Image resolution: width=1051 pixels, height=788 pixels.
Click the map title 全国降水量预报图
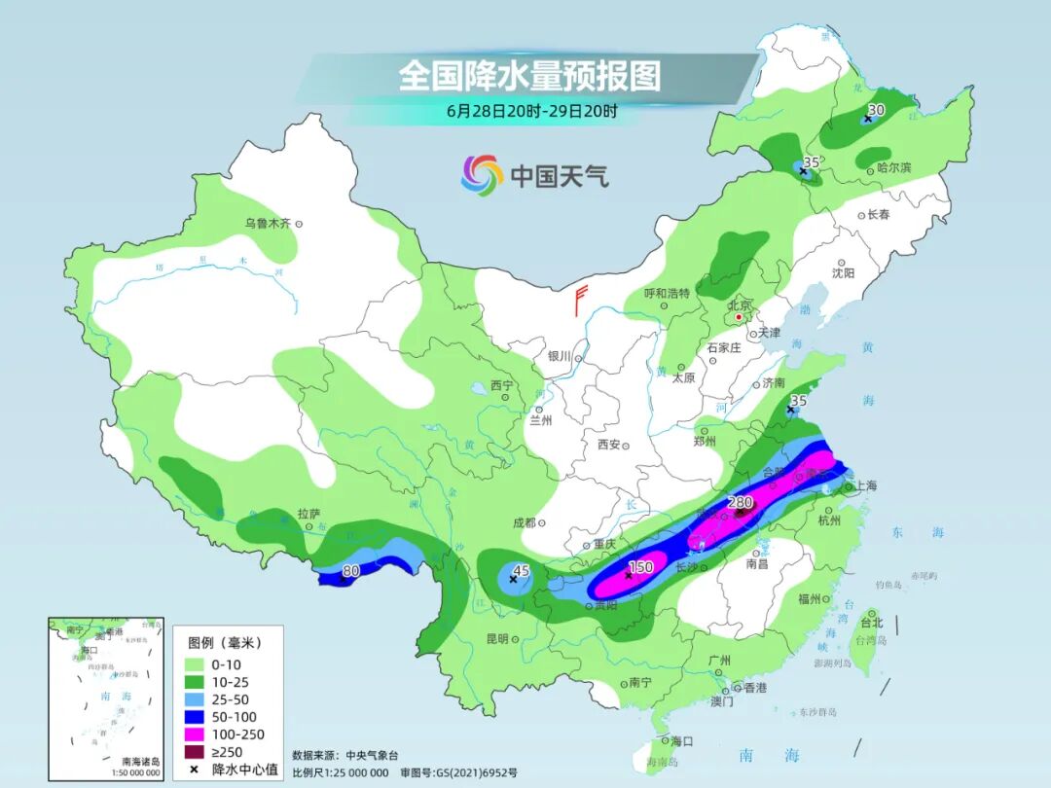pyautogui.click(x=529, y=75)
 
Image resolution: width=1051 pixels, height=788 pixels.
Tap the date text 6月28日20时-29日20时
pyautogui.click(x=531, y=111)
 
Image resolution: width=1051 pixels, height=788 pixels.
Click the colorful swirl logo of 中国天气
pyautogui.click(x=482, y=175)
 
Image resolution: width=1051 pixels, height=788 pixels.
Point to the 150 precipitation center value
pyautogui.click(x=639, y=567)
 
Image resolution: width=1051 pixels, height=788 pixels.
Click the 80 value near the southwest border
pyautogui.click(x=351, y=571)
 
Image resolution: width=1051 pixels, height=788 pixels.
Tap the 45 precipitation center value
pyautogui.click(x=521, y=571)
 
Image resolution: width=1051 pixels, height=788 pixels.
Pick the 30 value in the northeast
pyautogui.click(x=876, y=110)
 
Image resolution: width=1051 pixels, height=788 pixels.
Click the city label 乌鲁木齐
pyautogui.click(x=268, y=224)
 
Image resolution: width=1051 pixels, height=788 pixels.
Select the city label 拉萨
pyautogui.click(x=308, y=514)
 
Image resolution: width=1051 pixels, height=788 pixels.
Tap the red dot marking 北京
pyautogui.click(x=739, y=317)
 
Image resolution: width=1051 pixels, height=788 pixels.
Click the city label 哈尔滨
pyautogui.click(x=893, y=167)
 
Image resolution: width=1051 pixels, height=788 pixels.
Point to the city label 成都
pyautogui.click(x=523, y=522)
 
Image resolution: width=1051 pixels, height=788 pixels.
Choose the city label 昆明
pyautogui.click(x=496, y=638)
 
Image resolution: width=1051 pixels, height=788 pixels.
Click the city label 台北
pyautogui.click(x=871, y=623)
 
